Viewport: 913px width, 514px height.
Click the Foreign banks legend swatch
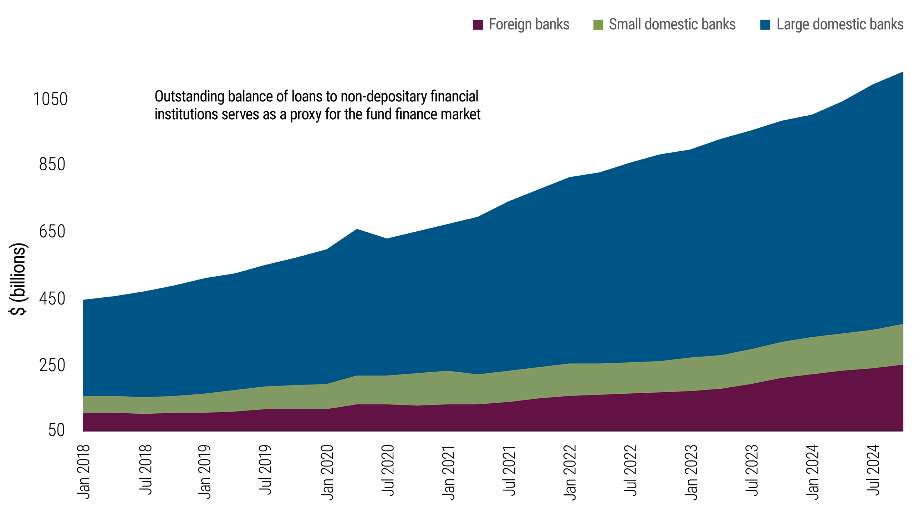(x=478, y=25)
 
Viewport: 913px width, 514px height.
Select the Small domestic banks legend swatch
(x=598, y=25)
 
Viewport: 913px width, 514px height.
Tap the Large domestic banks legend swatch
(x=765, y=25)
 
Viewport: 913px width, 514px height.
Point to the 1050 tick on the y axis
(x=50, y=99)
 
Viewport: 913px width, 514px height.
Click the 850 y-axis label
(x=52, y=164)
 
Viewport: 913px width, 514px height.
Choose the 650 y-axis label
(x=52, y=231)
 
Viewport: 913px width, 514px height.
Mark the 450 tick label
(x=52, y=298)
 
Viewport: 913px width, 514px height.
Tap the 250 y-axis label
(x=52, y=365)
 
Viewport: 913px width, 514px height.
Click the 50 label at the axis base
(x=57, y=430)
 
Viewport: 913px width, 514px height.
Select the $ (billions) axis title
(x=18, y=279)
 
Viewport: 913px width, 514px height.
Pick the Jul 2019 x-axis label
(x=265, y=470)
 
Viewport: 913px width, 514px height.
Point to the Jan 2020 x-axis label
(x=327, y=472)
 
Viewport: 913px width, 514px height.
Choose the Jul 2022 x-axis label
(x=631, y=470)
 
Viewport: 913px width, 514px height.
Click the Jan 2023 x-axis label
(x=691, y=472)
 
